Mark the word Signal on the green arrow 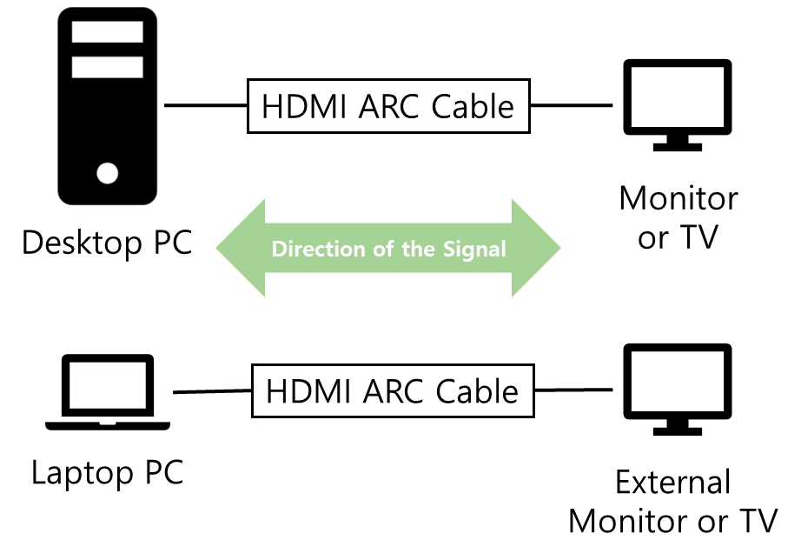pos(473,250)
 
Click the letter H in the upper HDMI pos(270,107)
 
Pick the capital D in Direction pos(279,250)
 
